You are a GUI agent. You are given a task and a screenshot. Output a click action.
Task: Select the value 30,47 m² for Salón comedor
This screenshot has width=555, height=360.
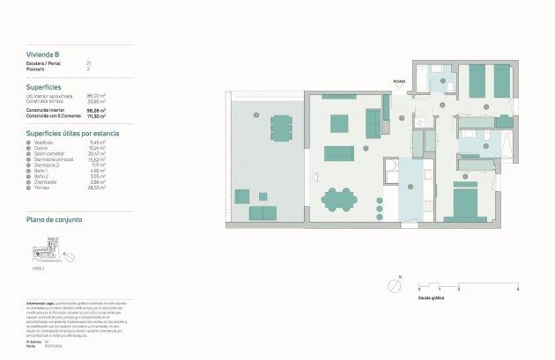point(97,154)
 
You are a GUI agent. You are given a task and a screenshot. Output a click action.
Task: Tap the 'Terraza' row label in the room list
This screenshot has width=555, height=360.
point(41,187)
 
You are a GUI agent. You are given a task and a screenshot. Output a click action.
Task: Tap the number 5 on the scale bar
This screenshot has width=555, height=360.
point(518,289)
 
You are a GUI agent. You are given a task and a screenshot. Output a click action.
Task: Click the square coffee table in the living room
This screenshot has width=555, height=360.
point(339,122)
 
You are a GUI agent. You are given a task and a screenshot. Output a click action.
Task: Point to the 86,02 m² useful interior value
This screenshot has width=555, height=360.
point(96,96)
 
